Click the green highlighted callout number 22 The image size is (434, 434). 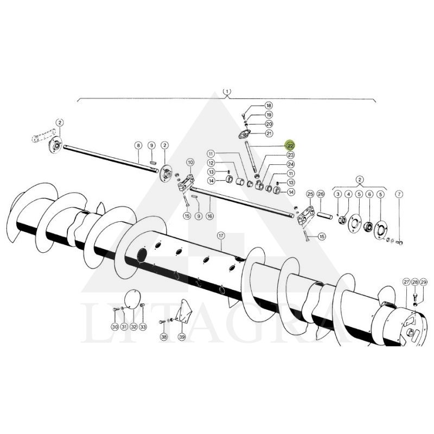pos(290,145)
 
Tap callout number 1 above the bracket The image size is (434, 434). pos(227,91)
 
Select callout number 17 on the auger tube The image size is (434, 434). pos(221,236)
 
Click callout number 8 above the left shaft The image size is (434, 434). pos(138,145)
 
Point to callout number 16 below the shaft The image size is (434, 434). pos(210,216)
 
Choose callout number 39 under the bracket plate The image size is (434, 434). pos(182,337)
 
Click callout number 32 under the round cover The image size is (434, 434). pos(133,327)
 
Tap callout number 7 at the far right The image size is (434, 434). pos(399,194)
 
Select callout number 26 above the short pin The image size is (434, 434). pos(321,194)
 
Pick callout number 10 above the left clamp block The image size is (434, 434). pos(190,162)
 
